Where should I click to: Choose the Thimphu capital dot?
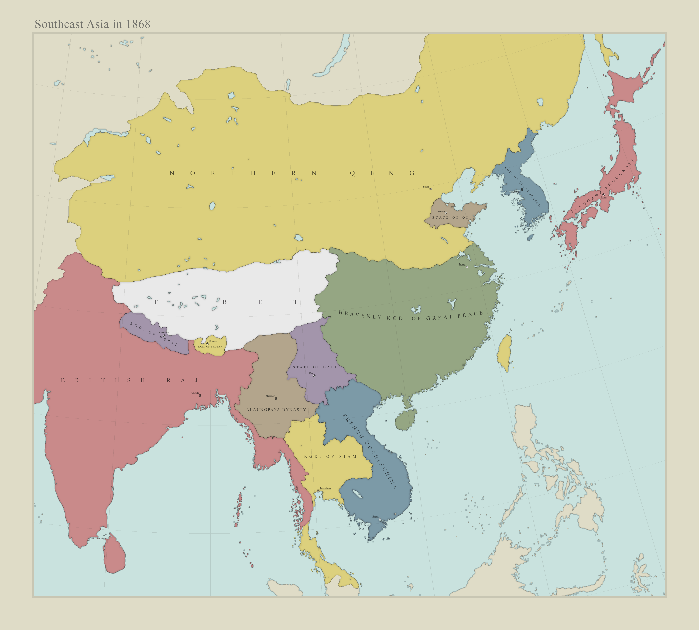point(207,344)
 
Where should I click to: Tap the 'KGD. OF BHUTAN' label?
point(210,347)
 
